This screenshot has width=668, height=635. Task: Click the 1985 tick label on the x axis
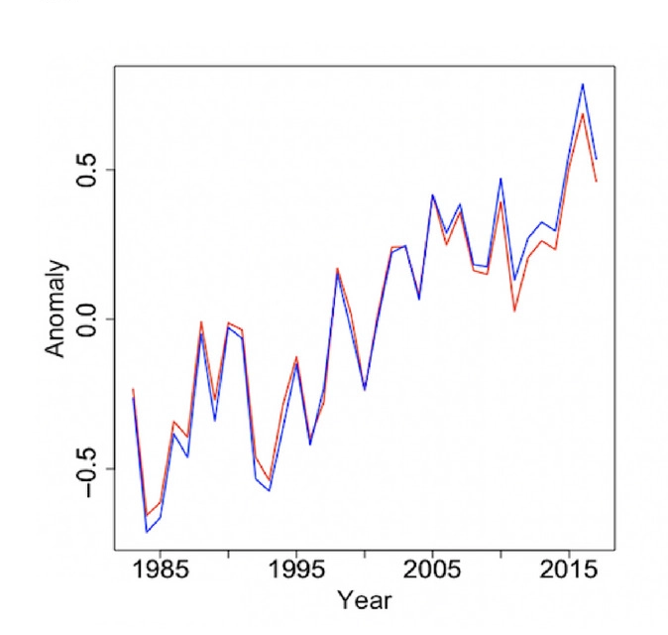[161, 571]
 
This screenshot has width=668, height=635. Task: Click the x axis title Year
[364, 600]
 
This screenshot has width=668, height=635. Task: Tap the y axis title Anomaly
[56, 309]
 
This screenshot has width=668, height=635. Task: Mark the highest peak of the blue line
[583, 84]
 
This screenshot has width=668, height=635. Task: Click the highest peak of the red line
[583, 113]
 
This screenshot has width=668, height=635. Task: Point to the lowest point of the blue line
[147, 533]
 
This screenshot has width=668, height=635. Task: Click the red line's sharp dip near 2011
[514, 312]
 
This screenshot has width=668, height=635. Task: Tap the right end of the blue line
[597, 159]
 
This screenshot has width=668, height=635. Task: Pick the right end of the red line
[597, 181]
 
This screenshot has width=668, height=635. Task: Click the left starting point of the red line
[133, 389]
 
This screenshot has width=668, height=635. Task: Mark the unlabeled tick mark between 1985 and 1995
[229, 552]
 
